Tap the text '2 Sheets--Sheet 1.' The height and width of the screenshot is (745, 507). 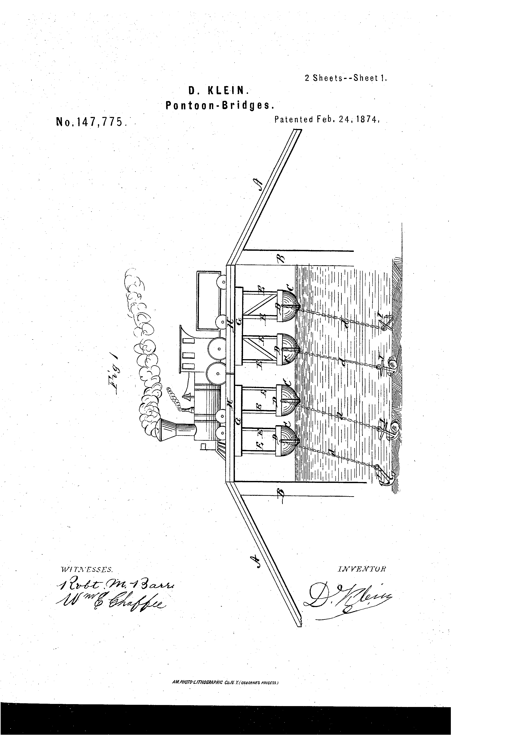(346, 78)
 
